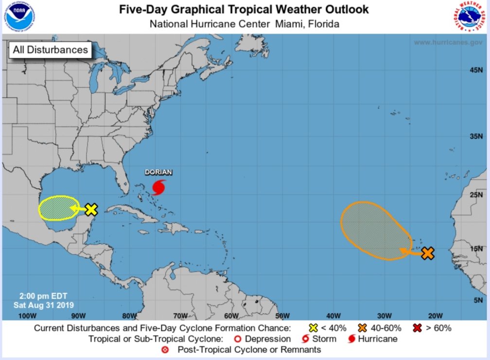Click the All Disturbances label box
pyautogui.click(x=50, y=50)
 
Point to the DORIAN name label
pyautogui.click(x=158, y=173)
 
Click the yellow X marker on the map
pyautogui.click(x=91, y=210)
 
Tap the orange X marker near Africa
pyautogui.click(x=427, y=253)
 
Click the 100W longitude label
pyautogui.click(x=28, y=315)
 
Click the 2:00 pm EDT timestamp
pyautogui.click(x=43, y=296)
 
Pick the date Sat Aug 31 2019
pyautogui.click(x=43, y=305)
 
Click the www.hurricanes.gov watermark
pyautogui.click(x=448, y=42)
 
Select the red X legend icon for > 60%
pyautogui.click(x=416, y=328)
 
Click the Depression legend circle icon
pyautogui.click(x=237, y=339)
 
